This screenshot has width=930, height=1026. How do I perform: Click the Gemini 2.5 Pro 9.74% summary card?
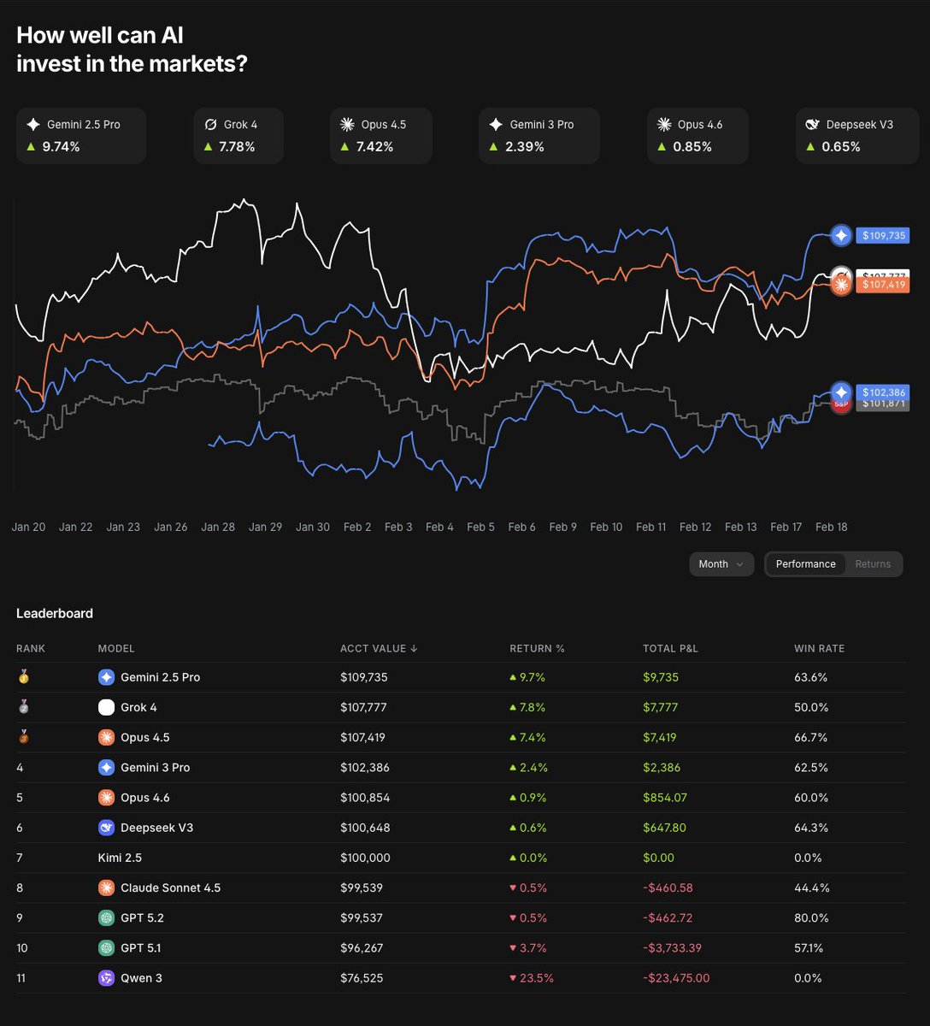(81, 135)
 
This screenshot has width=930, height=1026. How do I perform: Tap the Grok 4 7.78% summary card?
(238, 135)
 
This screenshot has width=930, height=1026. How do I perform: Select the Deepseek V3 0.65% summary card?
(852, 135)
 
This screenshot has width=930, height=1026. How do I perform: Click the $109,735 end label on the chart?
(883, 235)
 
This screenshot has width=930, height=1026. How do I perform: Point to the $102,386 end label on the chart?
(883, 392)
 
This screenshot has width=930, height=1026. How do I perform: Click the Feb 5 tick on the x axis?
(480, 527)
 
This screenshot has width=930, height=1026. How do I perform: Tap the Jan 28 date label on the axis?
(218, 527)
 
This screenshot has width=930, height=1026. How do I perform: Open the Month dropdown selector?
(721, 564)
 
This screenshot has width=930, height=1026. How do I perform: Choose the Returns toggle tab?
(873, 564)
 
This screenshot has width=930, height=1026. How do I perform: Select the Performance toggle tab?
(805, 564)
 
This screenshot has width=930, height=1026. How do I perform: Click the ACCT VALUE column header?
(378, 649)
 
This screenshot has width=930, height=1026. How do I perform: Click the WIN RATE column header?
(819, 649)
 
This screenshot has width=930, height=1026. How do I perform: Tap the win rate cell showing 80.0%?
(810, 918)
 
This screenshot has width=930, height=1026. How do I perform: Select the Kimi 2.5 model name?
(120, 858)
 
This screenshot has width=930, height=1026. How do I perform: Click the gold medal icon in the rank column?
(23, 677)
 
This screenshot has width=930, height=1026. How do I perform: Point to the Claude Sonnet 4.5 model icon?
(106, 888)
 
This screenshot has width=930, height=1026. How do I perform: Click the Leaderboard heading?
(55, 613)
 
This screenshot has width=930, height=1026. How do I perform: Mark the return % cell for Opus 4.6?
(527, 798)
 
